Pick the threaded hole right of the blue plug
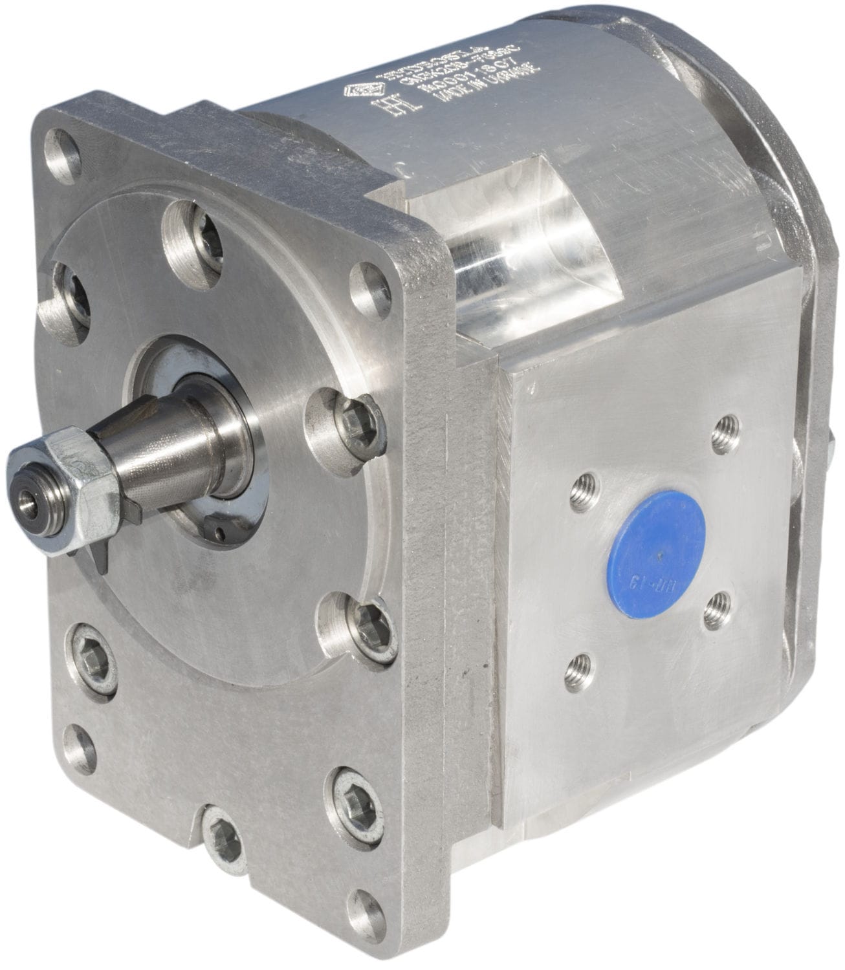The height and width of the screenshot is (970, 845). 715,608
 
